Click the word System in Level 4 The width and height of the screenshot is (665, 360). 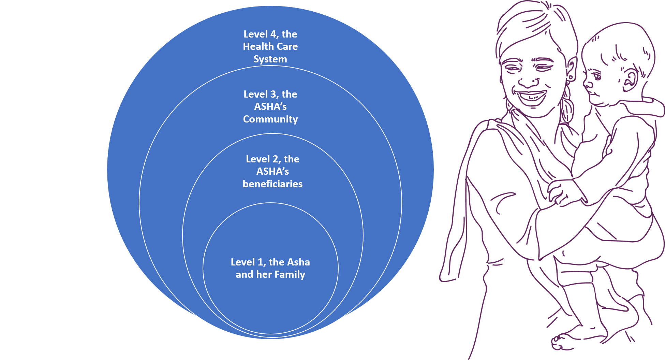tap(270, 59)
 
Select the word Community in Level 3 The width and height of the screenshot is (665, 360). tap(270, 119)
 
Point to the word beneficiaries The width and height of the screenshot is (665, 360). tap(272, 184)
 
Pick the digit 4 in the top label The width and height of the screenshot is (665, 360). tap(273, 34)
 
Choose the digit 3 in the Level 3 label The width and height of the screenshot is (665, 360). tap(273, 94)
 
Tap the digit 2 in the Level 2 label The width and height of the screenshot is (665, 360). tap(276, 159)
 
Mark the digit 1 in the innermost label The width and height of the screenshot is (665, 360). tap(261, 262)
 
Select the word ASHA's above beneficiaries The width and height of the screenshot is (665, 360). tap(272, 171)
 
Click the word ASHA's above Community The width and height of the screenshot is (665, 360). tap(270, 106)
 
